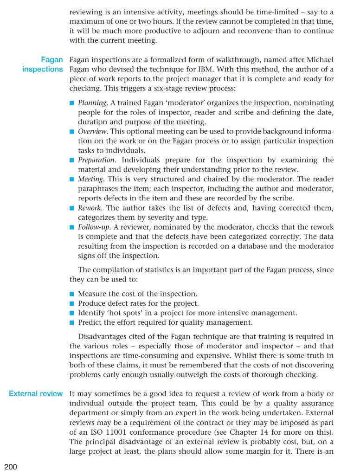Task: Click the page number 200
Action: point(11,466)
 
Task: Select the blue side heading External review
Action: point(36,393)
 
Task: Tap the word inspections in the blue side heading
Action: point(42,69)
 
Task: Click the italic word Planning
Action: point(92,103)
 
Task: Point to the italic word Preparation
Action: point(96,160)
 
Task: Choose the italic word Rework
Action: point(89,208)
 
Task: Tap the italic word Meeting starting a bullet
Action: point(91,179)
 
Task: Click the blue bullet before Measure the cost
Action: point(72,294)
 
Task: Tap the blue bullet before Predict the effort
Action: point(72,322)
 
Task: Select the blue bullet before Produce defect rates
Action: point(72,303)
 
